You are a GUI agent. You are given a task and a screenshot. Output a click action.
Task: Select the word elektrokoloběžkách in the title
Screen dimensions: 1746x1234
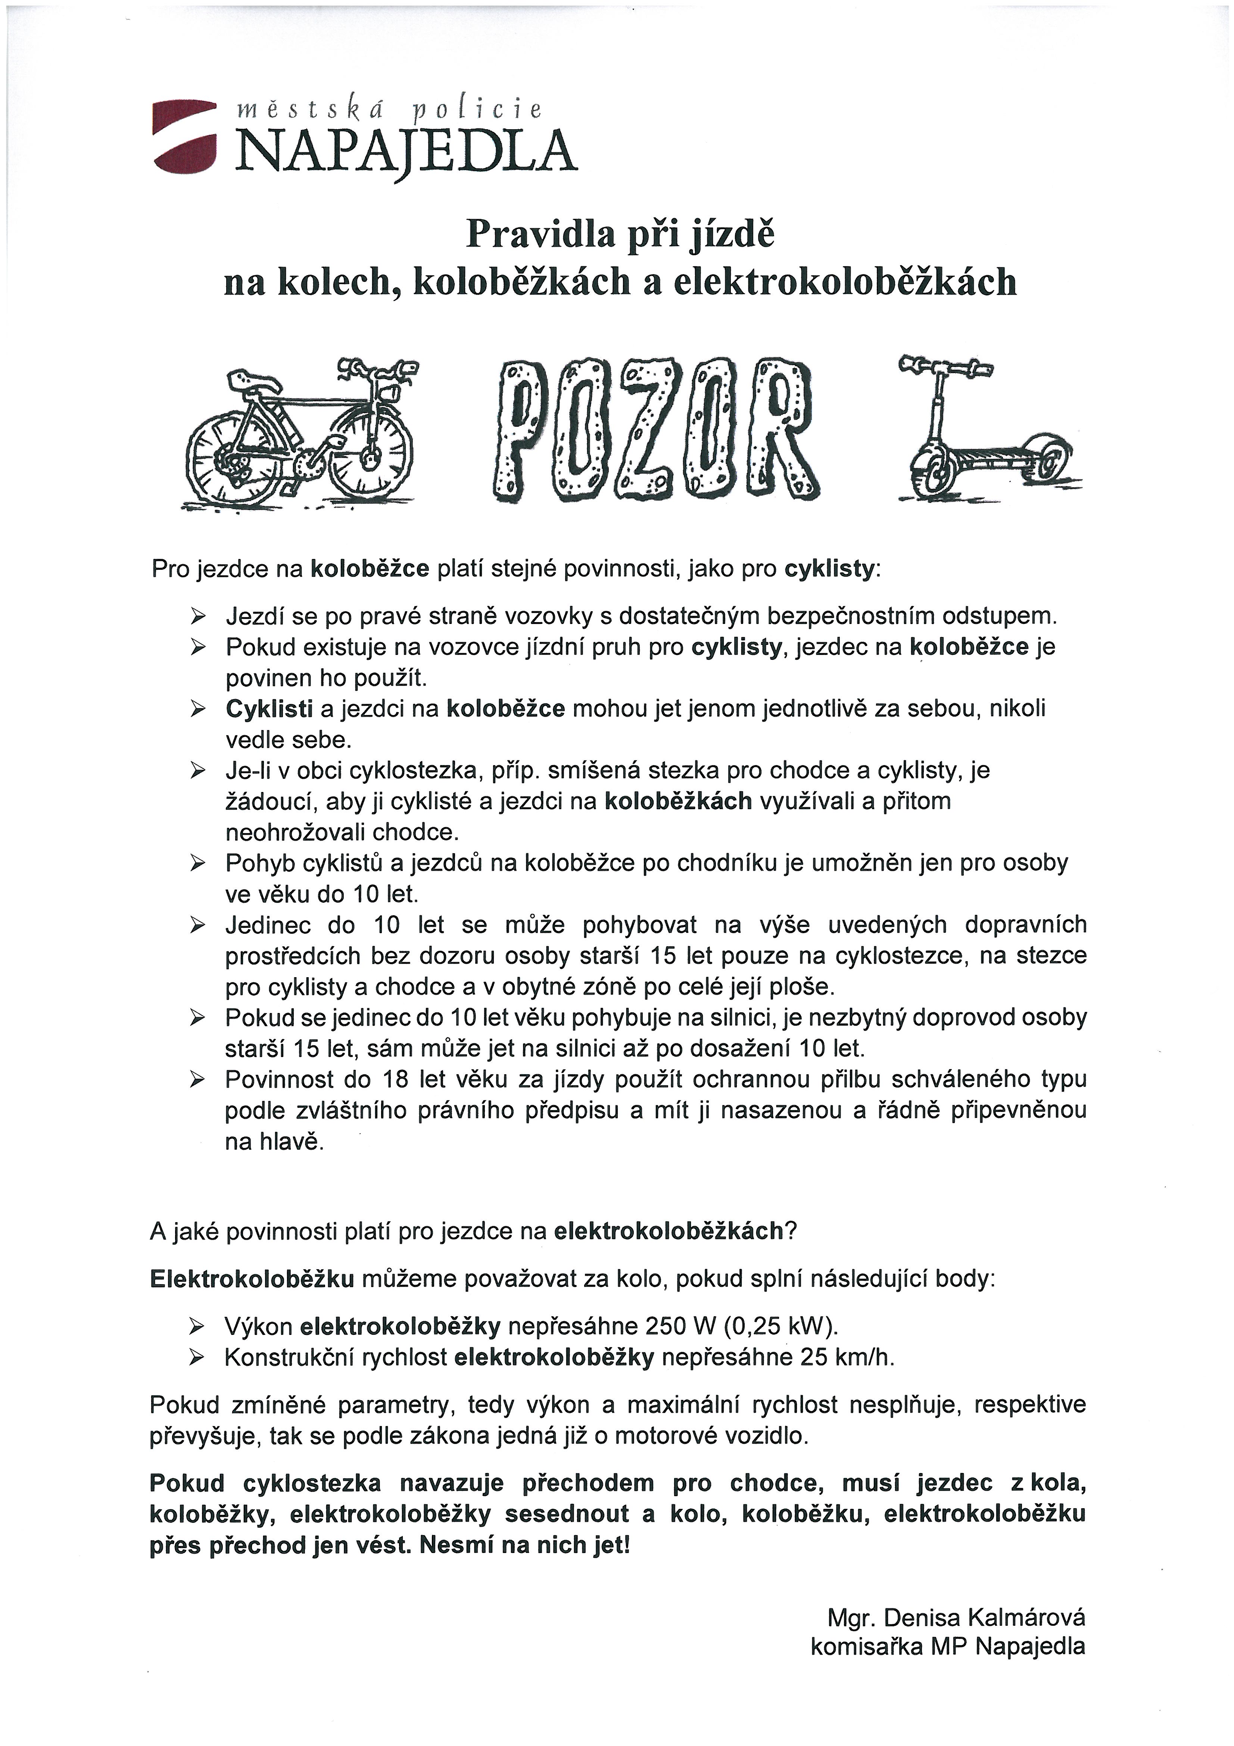pos(844,282)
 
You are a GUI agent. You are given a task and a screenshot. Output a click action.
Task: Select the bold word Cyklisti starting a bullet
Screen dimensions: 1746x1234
pos(269,709)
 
